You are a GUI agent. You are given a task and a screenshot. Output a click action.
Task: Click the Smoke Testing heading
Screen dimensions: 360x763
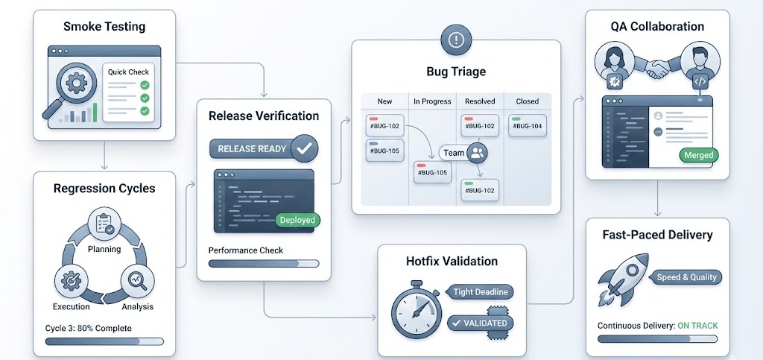[104, 27]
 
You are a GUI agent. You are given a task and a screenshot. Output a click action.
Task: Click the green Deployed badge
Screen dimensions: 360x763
[297, 220]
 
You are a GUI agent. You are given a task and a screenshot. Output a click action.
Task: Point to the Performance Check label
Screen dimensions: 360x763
[245, 250]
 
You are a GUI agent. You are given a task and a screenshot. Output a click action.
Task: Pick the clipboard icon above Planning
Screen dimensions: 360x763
[104, 223]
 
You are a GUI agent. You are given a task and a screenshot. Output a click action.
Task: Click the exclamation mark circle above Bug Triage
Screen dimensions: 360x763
[455, 40]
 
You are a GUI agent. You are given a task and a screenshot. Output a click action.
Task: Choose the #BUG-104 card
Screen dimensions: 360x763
[527, 126]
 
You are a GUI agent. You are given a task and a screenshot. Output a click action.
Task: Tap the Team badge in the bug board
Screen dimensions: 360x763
[463, 153]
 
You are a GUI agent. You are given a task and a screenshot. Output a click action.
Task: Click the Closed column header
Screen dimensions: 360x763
[527, 101]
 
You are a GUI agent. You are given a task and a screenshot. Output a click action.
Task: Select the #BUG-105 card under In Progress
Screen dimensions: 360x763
[433, 173]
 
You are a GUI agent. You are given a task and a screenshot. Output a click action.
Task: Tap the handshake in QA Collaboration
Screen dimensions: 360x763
[657, 69]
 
